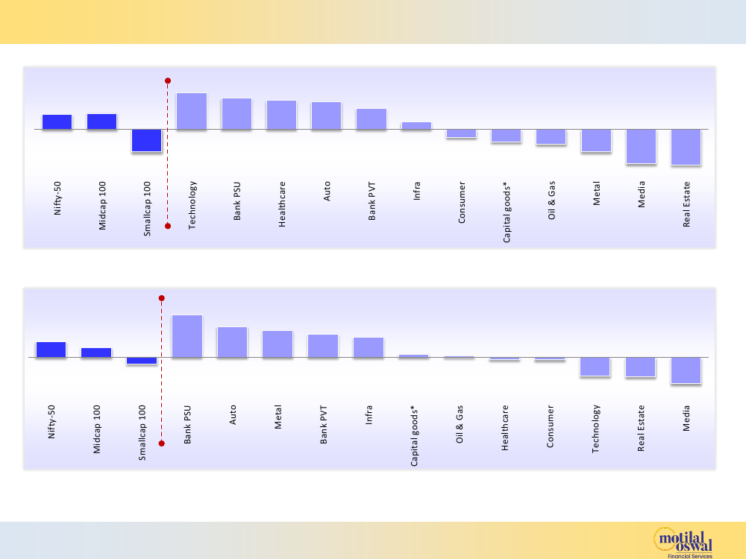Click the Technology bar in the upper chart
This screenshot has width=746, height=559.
click(192, 111)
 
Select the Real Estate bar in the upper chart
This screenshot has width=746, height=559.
click(686, 147)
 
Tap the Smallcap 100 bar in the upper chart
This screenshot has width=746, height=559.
click(146, 140)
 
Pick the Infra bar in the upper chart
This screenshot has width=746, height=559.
click(416, 126)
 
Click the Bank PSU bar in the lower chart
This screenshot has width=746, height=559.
click(187, 336)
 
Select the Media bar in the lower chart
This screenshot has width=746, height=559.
click(686, 370)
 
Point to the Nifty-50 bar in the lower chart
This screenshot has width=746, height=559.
click(51, 350)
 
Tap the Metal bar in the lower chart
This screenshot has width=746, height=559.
click(278, 344)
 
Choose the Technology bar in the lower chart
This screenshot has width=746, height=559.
click(595, 366)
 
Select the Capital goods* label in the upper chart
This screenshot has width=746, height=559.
click(507, 212)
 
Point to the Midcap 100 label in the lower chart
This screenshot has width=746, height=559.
click(97, 430)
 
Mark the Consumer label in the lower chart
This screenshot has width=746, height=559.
click(551, 426)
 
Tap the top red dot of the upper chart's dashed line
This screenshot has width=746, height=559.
click(168, 80)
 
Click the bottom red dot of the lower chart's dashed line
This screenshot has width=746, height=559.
click(161, 443)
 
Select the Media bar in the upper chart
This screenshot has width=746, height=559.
click(641, 146)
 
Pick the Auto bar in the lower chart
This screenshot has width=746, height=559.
click(232, 342)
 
